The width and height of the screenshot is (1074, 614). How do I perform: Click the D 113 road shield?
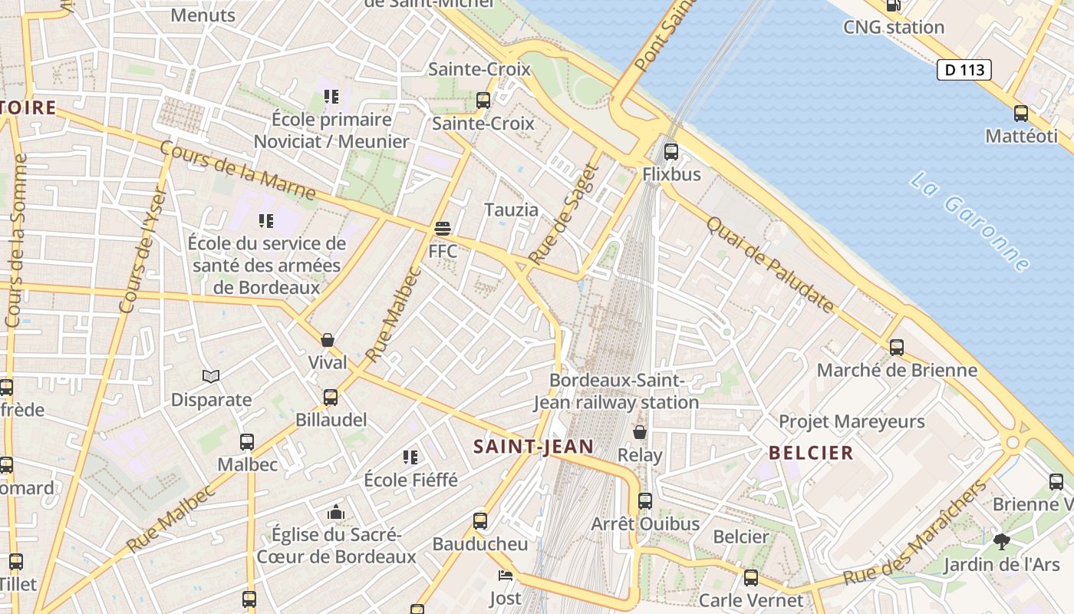[x=964, y=70]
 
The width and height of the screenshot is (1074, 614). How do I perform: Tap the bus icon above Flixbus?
[x=671, y=151]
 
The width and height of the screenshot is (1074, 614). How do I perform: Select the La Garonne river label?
[x=970, y=222]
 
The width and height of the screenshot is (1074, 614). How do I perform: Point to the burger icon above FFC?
[x=443, y=229]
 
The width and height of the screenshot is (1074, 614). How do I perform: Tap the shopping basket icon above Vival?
[x=328, y=340]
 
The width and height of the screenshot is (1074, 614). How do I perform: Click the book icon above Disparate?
[x=211, y=377]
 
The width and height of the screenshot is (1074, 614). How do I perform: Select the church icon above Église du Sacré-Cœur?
[x=335, y=512]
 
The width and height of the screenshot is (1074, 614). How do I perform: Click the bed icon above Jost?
[x=505, y=576]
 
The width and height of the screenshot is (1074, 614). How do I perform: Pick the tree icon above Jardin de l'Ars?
[x=1001, y=542]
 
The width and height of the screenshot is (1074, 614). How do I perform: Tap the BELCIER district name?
[x=811, y=453]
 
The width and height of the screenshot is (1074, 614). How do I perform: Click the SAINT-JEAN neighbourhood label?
[x=533, y=447]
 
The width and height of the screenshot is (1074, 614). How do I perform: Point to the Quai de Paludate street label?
[x=769, y=264]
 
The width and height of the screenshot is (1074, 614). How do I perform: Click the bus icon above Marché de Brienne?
[x=896, y=348]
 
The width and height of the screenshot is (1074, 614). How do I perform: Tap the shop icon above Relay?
[x=639, y=433]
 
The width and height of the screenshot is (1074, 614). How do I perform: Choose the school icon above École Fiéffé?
[x=410, y=457]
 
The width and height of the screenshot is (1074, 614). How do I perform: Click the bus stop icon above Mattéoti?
[x=1021, y=114]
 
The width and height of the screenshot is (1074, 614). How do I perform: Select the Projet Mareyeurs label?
[x=852, y=421]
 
